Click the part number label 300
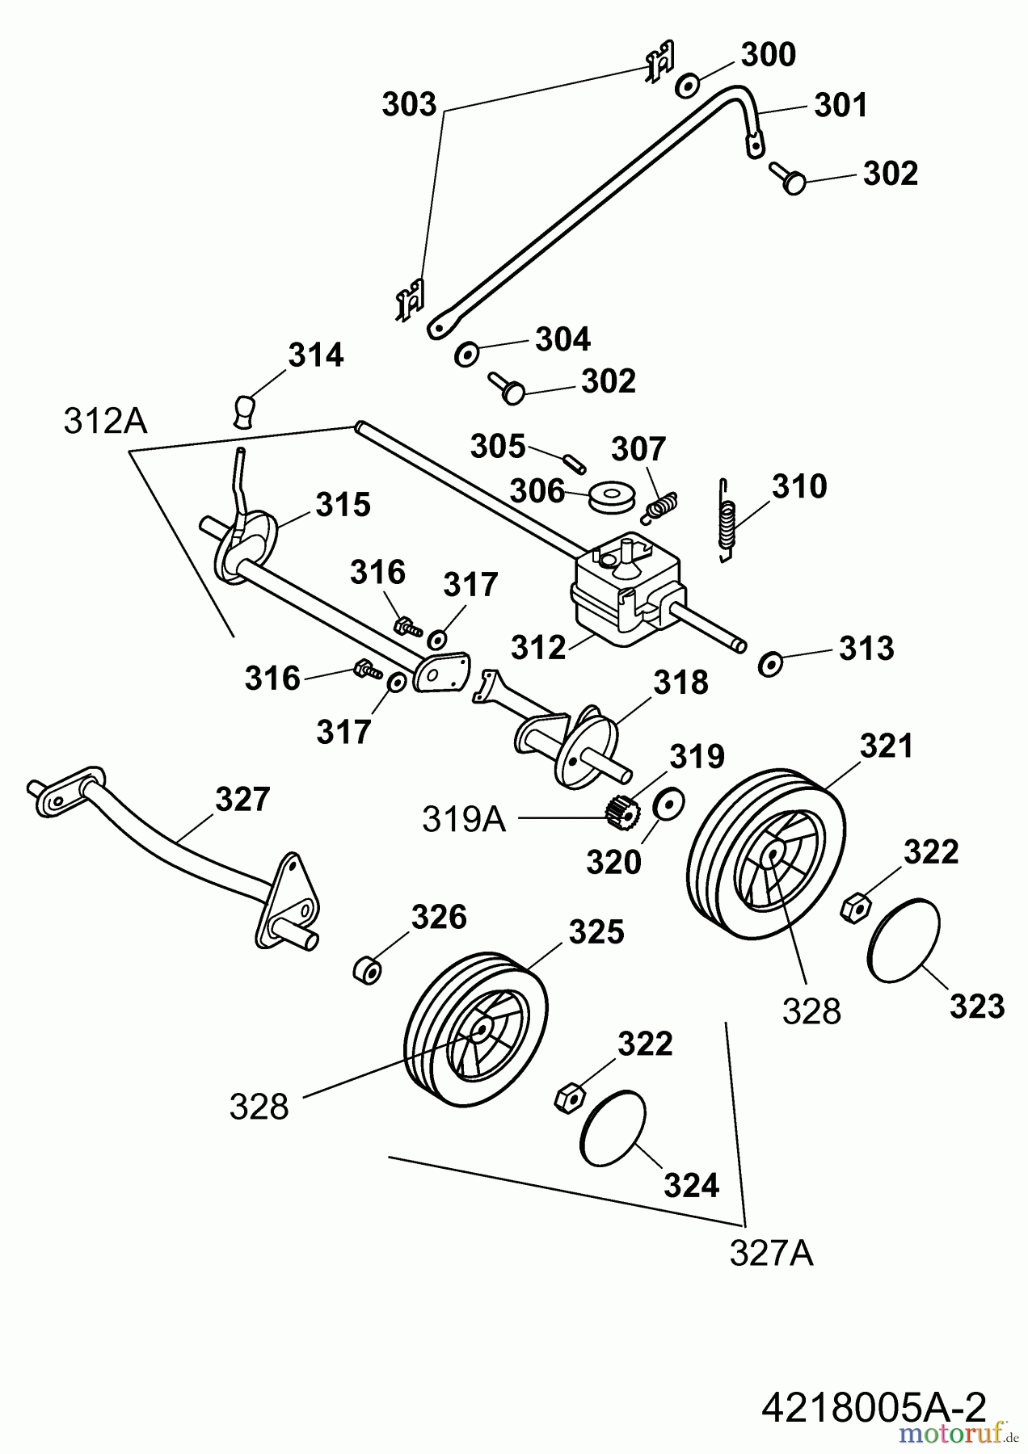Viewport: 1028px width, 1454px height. point(768,55)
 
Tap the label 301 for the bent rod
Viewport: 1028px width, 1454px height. point(840,105)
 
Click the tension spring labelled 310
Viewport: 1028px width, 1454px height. point(728,518)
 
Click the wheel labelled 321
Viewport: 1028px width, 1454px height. point(765,853)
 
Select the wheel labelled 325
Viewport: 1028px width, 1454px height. point(474,1027)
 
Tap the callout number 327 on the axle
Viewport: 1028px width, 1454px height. point(242,799)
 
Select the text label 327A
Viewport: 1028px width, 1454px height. point(771,1253)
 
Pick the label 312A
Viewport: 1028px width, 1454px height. point(105,421)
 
